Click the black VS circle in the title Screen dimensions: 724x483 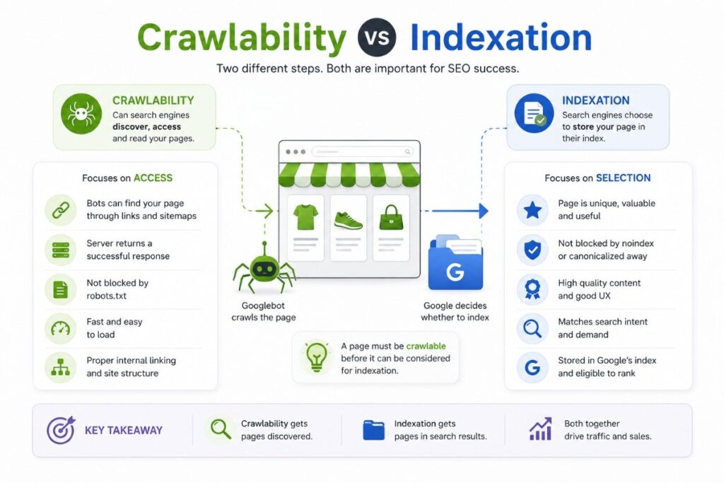(x=377, y=37)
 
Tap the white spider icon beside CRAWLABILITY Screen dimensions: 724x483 (x=81, y=114)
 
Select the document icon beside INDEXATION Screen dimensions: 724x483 (x=535, y=114)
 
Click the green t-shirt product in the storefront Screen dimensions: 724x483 (x=305, y=217)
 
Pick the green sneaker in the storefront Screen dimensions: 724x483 (x=348, y=221)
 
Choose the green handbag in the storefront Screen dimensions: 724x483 (x=391, y=218)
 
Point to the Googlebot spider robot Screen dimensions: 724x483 (x=264, y=269)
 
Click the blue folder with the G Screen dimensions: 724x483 (x=455, y=263)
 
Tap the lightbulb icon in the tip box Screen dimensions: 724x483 (x=317, y=357)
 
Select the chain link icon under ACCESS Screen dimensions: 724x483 (x=61, y=210)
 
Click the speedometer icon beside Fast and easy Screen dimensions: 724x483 (x=61, y=328)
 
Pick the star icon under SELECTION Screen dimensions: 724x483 (x=532, y=210)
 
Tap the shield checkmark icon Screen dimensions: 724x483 (x=532, y=250)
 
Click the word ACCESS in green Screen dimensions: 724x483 (x=153, y=178)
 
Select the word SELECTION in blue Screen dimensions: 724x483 (x=624, y=178)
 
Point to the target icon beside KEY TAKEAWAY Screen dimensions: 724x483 (x=61, y=430)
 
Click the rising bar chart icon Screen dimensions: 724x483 (x=540, y=429)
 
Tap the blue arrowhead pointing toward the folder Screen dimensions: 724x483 (x=484, y=211)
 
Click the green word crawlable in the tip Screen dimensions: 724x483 (x=426, y=346)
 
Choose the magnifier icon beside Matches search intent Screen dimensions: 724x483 (x=532, y=329)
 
